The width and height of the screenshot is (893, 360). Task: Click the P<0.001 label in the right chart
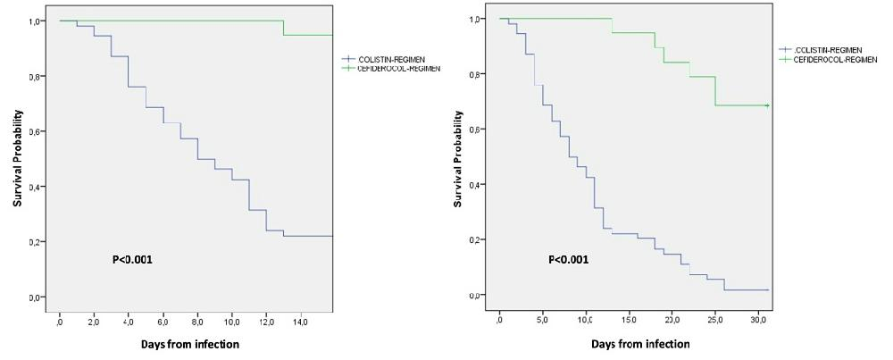pyautogui.click(x=569, y=260)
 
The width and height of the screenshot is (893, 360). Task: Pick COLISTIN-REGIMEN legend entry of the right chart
pyautogui.click(x=825, y=50)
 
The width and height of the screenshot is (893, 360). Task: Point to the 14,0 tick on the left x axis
pyautogui.click(x=302, y=317)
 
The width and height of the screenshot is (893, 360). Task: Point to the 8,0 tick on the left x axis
pyautogui.click(x=198, y=317)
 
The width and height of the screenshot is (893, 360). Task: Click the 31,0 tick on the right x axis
pyautogui.click(x=759, y=317)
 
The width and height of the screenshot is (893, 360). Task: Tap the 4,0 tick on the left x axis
pyautogui.click(x=129, y=317)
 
